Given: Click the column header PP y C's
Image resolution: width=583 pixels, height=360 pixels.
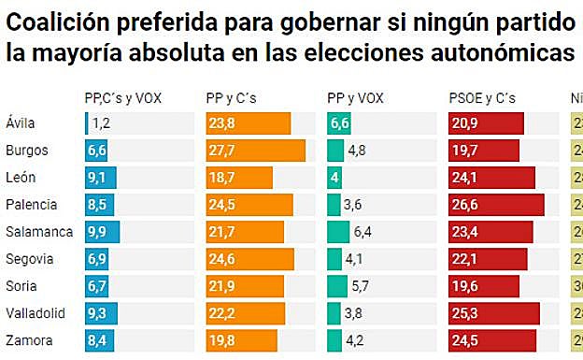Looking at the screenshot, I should tap(231, 96).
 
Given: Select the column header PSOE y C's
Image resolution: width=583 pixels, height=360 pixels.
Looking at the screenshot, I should tap(482, 96).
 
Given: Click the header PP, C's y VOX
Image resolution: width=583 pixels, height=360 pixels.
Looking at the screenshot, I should tap(123, 96).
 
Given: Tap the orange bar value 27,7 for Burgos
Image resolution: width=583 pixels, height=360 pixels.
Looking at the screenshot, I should tap(222, 151).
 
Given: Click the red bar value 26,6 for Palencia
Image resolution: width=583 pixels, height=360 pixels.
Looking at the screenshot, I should tap(465, 205).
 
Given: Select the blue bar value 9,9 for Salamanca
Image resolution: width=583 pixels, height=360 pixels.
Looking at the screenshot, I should tap(98, 231).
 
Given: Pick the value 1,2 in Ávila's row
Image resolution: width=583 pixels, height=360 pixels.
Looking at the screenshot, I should tap(102, 123).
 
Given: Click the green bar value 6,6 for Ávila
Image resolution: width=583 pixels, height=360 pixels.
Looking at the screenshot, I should tap(340, 123).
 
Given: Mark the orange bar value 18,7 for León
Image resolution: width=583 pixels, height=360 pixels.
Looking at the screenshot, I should tap(222, 178).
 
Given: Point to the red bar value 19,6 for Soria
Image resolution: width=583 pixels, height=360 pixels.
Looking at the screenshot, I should tap(465, 285).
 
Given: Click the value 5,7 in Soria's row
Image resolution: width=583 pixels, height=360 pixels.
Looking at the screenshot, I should tap(361, 285).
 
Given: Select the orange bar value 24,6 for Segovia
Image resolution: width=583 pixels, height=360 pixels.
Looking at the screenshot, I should tap(222, 258).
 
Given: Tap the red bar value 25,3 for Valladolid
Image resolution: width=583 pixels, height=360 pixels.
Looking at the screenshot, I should tap(465, 312).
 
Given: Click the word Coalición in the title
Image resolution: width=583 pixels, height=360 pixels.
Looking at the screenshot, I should tap(64, 21).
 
